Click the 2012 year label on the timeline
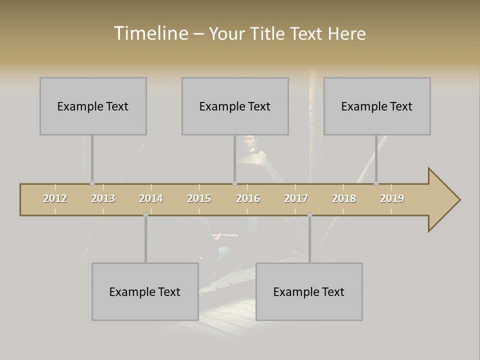(x=55, y=198)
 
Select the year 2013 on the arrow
(x=103, y=198)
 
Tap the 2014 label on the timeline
(x=151, y=198)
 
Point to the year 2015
(x=199, y=198)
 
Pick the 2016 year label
(x=248, y=198)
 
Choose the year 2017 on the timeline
(x=296, y=198)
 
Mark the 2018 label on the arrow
(x=344, y=198)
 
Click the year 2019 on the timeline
(x=392, y=198)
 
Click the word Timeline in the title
(x=150, y=33)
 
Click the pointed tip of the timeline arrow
(x=459, y=200)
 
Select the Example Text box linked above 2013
(x=93, y=106)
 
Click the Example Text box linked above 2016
(x=235, y=106)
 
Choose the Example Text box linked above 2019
(x=377, y=106)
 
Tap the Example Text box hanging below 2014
(x=145, y=291)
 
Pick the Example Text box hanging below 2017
(x=309, y=291)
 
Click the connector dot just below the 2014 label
(x=145, y=215)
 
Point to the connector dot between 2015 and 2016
(x=235, y=183)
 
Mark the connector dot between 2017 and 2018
(x=309, y=215)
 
